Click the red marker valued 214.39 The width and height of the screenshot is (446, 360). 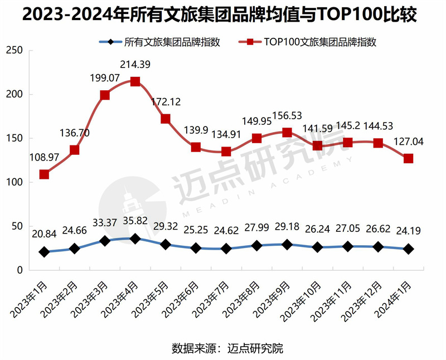135,81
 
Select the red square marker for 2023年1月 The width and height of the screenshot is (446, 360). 44,174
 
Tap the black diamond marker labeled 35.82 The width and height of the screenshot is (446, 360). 135,239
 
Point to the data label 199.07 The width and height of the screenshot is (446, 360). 105,76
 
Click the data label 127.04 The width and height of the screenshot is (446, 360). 408,142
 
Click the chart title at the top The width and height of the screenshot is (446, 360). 223,15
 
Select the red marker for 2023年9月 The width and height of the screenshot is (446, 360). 287,132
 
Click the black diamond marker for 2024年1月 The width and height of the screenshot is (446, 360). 409,249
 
